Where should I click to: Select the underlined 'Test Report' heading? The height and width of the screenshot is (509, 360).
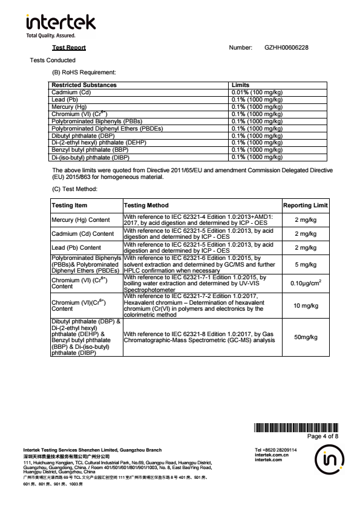click(69, 47)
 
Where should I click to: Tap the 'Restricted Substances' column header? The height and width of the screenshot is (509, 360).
click(84, 85)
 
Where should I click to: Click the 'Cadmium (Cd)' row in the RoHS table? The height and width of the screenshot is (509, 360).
click(71, 92)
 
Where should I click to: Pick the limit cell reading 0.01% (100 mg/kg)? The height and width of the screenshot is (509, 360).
click(257, 92)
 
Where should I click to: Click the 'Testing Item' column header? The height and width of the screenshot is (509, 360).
click(70, 206)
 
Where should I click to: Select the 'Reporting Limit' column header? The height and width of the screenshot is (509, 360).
click(306, 206)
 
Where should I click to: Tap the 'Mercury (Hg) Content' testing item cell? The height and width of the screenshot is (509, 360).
click(81, 220)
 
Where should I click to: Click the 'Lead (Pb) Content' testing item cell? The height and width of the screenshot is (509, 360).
click(76, 247)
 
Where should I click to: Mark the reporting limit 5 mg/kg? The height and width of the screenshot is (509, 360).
click(306, 264)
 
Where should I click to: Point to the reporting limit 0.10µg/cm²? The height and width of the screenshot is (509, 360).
click(306, 284)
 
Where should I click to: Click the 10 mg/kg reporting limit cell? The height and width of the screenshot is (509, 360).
click(306, 306)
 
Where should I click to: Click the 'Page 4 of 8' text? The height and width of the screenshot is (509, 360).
click(322, 436)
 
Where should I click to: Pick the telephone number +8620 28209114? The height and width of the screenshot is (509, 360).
click(276, 450)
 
